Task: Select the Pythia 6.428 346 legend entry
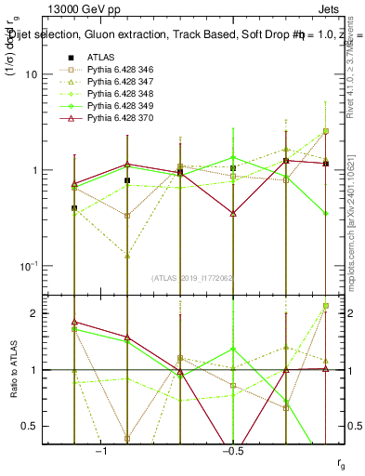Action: click(x=122, y=69)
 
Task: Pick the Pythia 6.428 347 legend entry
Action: click(x=122, y=81)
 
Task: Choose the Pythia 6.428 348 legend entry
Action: click(x=122, y=93)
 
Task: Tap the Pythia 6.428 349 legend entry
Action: click(x=122, y=105)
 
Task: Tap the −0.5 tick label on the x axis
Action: click(x=231, y=451)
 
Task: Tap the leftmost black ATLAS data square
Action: click(x=74, y=208)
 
